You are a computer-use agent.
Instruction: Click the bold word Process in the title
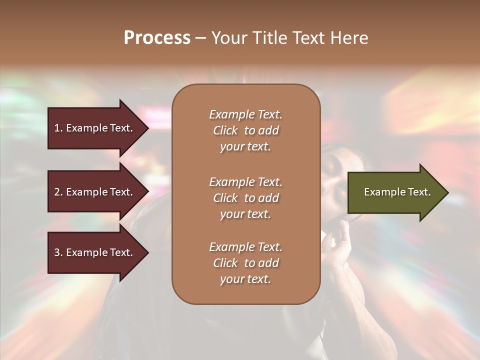click(157, 38)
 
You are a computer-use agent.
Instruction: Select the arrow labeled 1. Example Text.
click(95, 128)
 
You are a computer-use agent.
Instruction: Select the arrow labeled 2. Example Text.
click(95, 192)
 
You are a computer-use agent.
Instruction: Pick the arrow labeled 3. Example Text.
click(95, 252)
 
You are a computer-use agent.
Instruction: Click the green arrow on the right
click(395, 192)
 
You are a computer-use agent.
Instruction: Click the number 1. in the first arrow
click(58, 128)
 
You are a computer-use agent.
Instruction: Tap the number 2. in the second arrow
click(58, 192)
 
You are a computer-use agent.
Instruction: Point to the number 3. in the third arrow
click(58, 252)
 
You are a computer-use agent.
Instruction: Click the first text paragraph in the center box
click(245, 130)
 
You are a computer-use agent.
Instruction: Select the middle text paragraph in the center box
click(245, 198)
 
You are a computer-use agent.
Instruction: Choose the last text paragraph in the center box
click(245, 263)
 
